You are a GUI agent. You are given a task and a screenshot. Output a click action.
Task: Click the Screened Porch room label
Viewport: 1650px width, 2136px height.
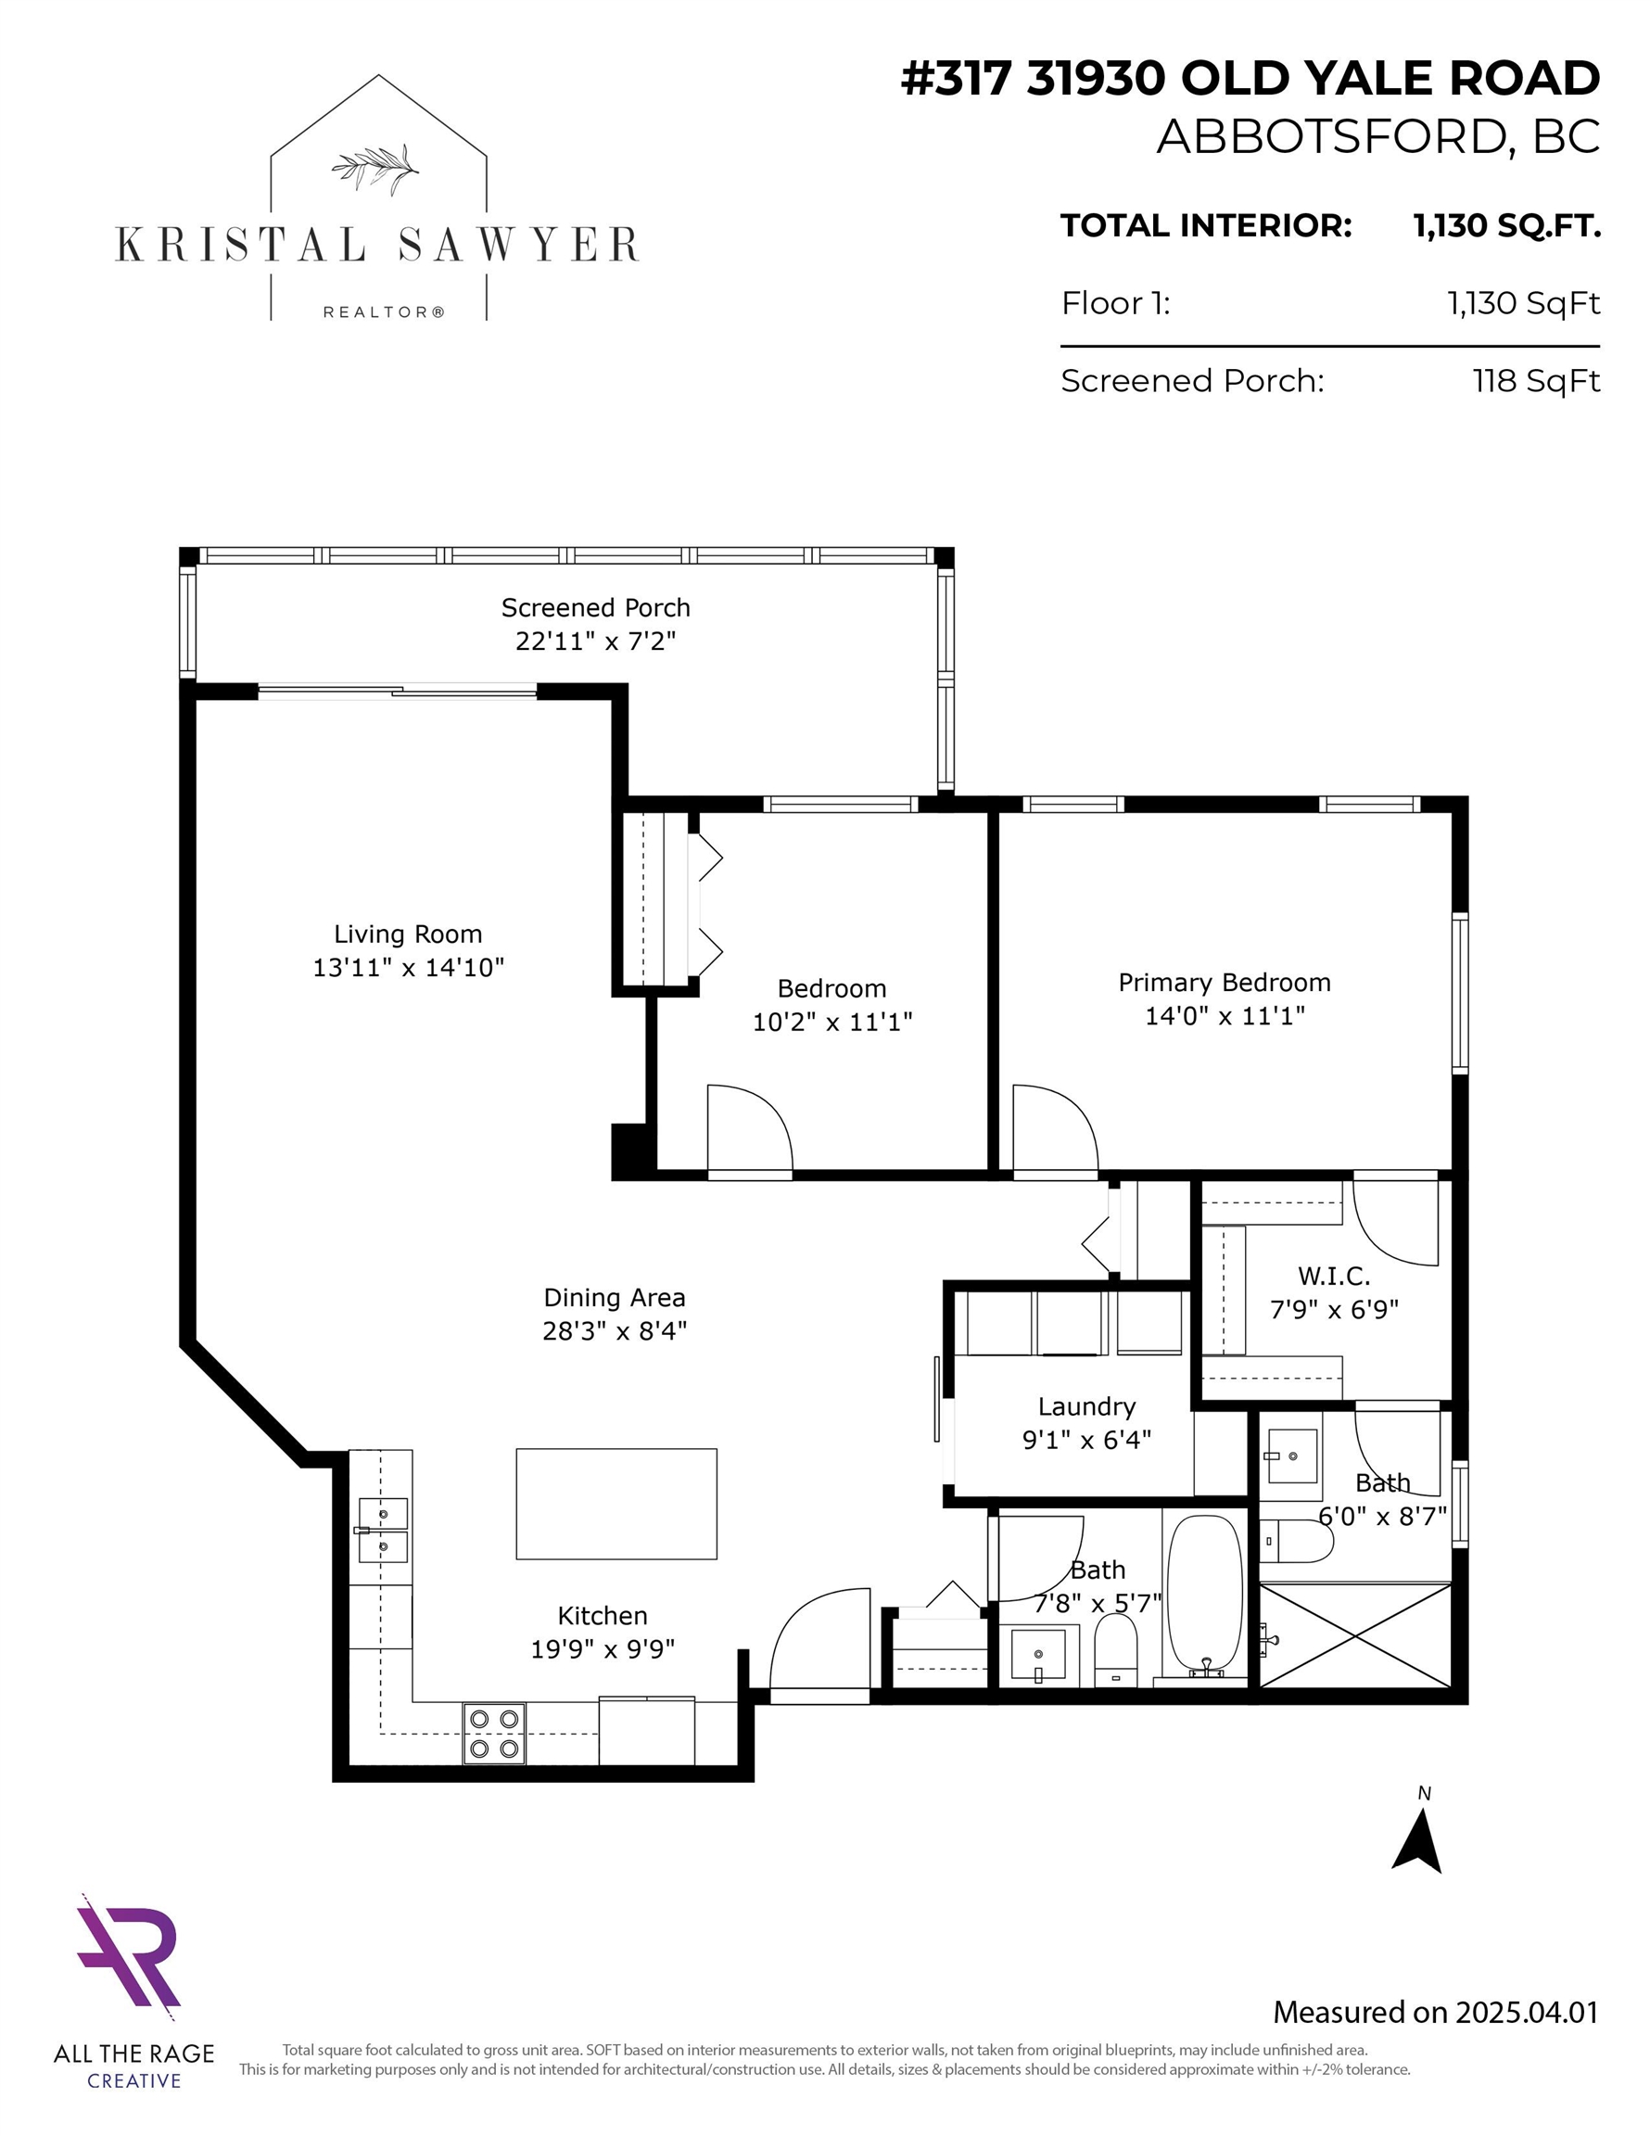point(596,607)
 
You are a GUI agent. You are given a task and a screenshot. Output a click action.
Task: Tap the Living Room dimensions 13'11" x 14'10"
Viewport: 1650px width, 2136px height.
point(408,967)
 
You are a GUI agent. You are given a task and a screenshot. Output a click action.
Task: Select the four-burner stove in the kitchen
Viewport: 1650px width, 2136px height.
point(494,1733)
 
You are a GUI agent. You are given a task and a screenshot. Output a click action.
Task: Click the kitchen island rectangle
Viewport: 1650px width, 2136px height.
point(616,1503)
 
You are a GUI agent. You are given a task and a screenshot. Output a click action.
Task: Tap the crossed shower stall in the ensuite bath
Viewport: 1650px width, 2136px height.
point(1354,1634)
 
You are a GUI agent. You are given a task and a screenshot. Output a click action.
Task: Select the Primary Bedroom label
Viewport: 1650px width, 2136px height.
point(1225,982)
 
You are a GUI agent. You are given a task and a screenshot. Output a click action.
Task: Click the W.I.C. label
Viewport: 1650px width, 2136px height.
point(1334,1276)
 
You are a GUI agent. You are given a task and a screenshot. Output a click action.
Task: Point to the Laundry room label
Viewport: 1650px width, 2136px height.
point(1086,1406)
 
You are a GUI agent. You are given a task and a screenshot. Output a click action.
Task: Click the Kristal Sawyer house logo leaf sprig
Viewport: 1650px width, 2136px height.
point(374,167)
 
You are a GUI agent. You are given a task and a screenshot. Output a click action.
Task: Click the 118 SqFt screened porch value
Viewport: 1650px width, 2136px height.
point(1536,380)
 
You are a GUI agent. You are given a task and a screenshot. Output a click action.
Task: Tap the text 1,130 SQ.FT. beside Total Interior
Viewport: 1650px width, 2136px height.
point(1506,226)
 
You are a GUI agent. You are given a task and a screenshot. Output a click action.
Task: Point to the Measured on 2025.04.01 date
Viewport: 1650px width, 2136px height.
point(1435,2012)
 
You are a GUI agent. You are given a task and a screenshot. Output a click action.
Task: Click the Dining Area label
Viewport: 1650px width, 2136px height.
point(615,1298)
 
